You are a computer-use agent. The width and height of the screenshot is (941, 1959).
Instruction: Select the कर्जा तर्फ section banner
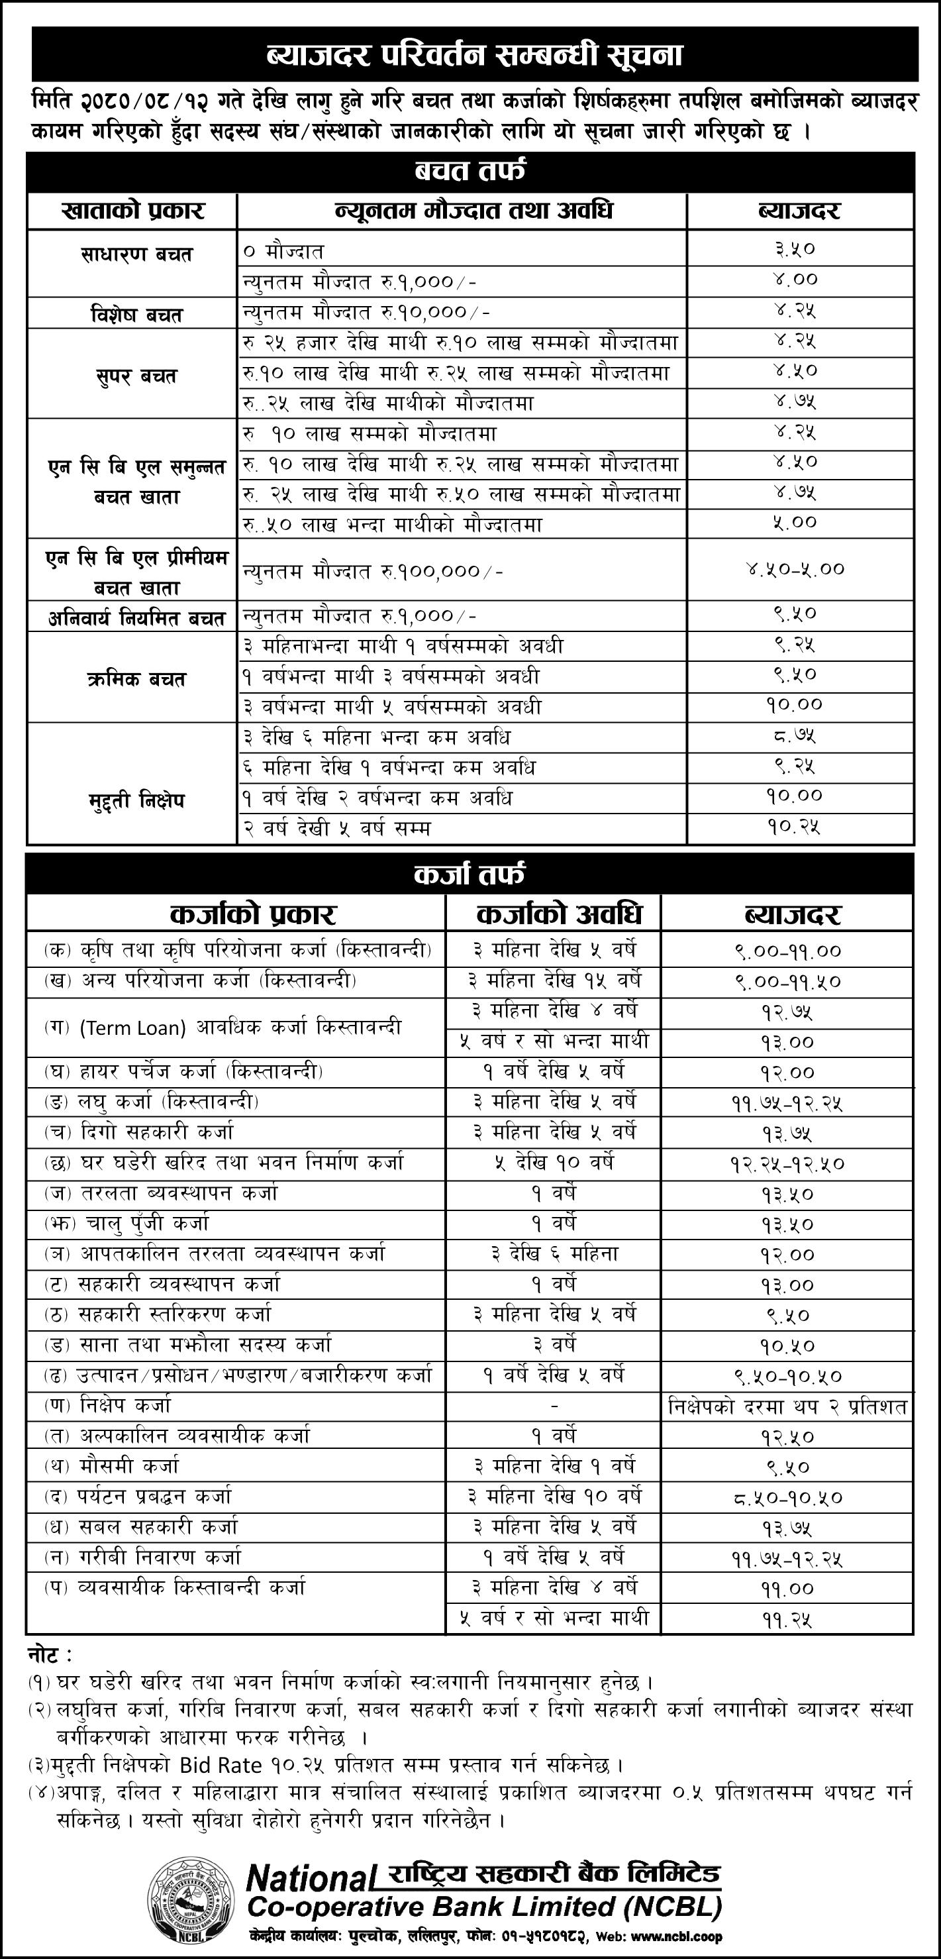pyautogui.click(x=470, y=874)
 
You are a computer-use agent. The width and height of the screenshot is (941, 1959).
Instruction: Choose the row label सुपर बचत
pyautogui.click(x=133, y=376)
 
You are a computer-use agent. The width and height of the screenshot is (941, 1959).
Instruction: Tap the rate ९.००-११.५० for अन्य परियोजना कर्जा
pyautogui.click(x=788, y=982)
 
